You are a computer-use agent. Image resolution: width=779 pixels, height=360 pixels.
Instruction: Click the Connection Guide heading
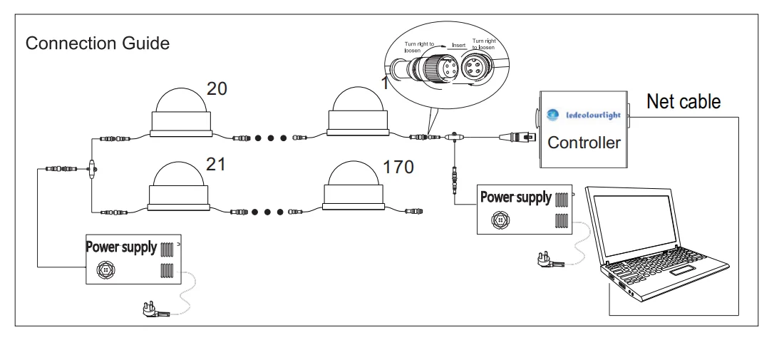pos(98,43)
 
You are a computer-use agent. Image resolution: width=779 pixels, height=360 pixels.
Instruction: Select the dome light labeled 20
pos(181,112)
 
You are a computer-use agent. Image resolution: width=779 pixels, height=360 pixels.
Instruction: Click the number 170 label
pos(398,168)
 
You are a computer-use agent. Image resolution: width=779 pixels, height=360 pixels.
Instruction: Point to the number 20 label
pos(217,88)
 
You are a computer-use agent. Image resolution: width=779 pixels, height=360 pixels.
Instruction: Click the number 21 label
pos(215,165)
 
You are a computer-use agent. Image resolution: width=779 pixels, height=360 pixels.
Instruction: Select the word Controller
pos(584,143)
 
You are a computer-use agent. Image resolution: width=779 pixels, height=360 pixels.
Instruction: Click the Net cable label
pos(683,102)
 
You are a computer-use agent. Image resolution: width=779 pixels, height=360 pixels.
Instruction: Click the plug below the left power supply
pos(155,309)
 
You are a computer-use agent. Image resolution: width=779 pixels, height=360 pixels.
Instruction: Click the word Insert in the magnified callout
pos(460,45)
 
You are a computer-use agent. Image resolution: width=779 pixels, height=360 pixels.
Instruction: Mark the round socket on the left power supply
pos(106,271)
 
